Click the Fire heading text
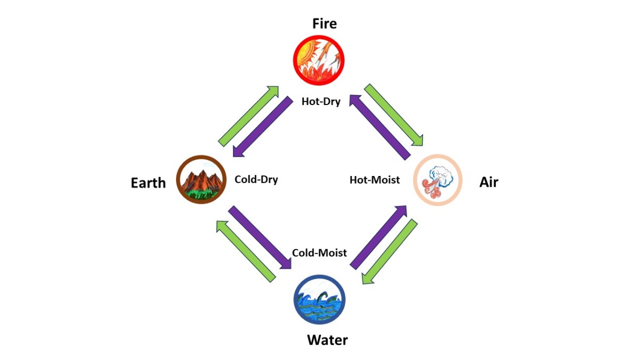click(324, 23)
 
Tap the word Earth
click(148, 183)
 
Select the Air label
click(489, 182)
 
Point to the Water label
click(327, 340)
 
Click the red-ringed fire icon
click(318, 60)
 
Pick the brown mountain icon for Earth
click(202, 179)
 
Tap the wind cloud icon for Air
click(438, 180)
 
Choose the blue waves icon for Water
click(319, 299)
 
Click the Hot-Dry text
click(321, 101)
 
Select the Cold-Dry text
click(257, 179)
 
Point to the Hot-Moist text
click(375, 180)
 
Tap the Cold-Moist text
click(319, 253)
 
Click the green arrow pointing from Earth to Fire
click(249, 116)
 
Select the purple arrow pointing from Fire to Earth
click(263, 126)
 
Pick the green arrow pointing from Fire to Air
click(394, 115)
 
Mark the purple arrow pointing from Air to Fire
click(380, 127)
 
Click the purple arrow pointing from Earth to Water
click(260, 237)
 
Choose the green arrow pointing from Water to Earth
click(246, 251)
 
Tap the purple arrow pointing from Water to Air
click(379, 237)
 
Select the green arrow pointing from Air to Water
click(390, 252)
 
